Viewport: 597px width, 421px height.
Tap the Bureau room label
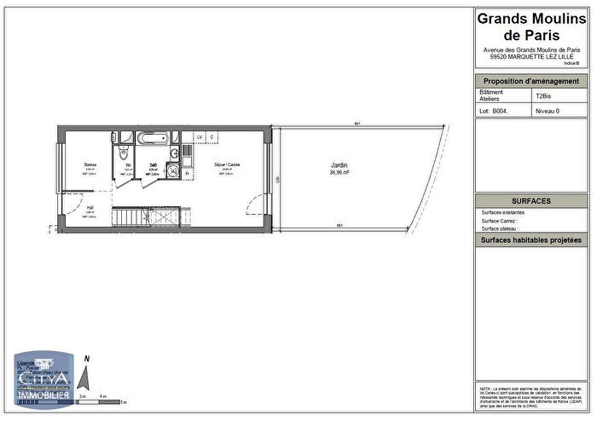point(89,164)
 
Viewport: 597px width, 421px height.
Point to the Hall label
point(90,207)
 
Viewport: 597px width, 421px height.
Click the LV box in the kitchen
point(200,136)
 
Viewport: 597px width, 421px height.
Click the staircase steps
point(150,217)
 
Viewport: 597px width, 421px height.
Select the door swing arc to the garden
point(252,206)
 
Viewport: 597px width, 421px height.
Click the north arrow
point(84,376)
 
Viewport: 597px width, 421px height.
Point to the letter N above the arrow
point(87,360)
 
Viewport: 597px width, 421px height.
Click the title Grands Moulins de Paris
point(530,26)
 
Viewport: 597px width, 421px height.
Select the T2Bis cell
point(543,96)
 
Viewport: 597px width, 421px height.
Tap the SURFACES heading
point(530,201)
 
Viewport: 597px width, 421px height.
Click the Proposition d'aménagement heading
point(530,81)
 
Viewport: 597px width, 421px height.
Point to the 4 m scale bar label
point(103,397)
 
